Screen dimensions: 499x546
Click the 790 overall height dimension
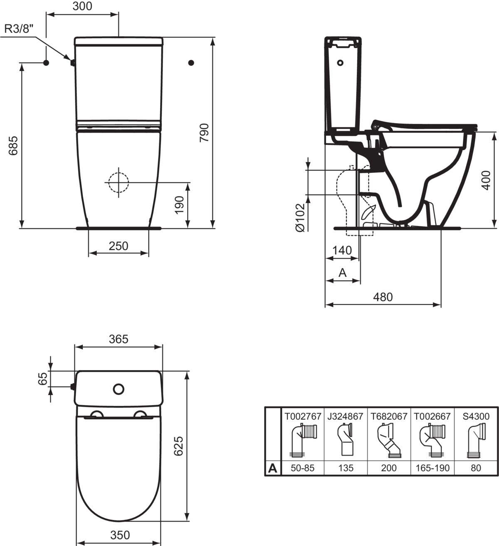(204, 133)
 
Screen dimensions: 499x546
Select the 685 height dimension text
(13, 145)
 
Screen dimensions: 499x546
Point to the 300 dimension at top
(82, 6)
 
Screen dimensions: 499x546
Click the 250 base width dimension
(119, 246)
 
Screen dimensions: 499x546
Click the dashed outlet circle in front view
(119, 182)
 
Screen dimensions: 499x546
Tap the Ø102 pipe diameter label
(300, 217)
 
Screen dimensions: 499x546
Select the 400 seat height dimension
(486, 180)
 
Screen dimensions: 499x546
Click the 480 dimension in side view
(383, 297)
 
